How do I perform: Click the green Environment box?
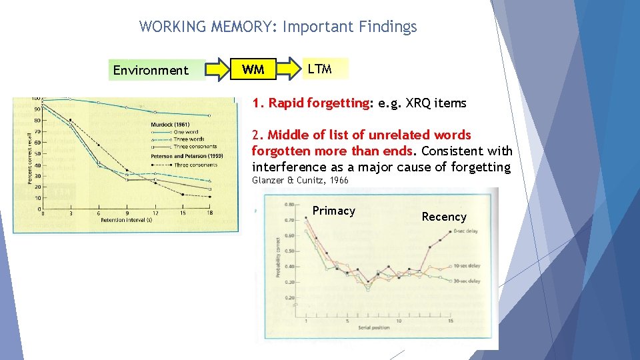click(151, 70)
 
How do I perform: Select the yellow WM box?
click(253, 69)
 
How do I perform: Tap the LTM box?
click(320, 68)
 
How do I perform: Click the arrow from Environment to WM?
click(215, 69)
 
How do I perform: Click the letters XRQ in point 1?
click(412, 103)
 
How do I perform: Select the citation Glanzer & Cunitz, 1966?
click(300, 181)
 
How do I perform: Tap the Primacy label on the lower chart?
click(333, 211)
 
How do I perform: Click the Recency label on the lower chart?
click(444, 217)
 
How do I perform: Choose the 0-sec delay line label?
click(466, 231)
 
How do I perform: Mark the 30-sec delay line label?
click(467, 281)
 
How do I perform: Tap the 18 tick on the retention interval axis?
click(210, 213)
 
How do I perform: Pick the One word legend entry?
click(185, 132)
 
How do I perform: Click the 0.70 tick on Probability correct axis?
click(289, 219)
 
